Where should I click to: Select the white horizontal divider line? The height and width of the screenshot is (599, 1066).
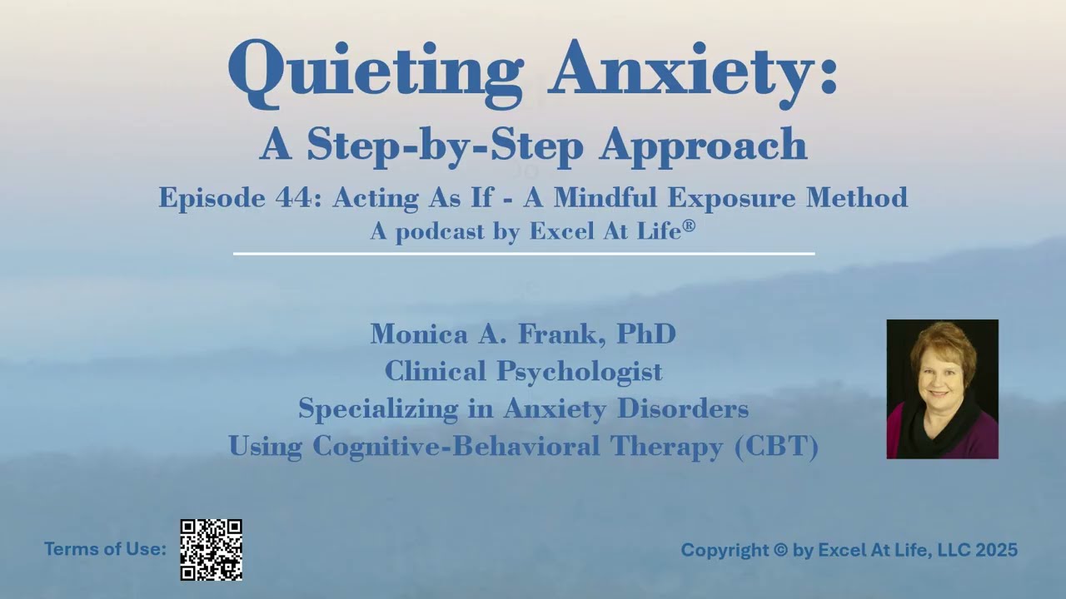[523, 253]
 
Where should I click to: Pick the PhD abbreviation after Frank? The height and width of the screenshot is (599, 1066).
[645, 334]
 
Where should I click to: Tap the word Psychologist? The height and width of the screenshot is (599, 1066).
[580, 372]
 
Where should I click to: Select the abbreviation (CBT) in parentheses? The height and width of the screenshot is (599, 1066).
[777, 447]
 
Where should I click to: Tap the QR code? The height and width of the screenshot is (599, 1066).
[212, 550]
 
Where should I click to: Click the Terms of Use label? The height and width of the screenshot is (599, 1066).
[105, 549]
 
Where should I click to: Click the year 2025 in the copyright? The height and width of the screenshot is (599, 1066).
[994, 550]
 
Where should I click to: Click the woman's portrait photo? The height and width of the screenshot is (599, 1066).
[942, 389]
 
